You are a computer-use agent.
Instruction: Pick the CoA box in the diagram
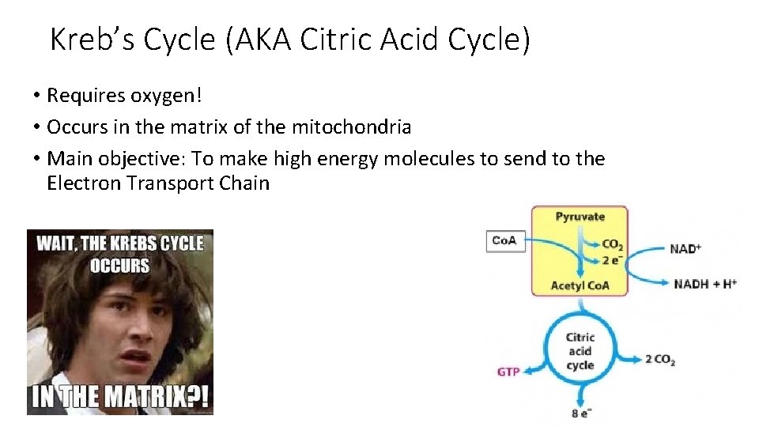(x=504, y=240)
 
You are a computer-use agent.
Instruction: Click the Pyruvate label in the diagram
(x=580, y=217)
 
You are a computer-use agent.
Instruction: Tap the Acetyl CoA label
(x=580, y=285)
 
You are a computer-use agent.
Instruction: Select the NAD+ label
(x=685, y=248)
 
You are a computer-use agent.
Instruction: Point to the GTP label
(x=508, y=371)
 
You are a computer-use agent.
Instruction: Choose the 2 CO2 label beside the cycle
(x=659, y=360)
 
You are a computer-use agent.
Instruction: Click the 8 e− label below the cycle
(x=580, y=412)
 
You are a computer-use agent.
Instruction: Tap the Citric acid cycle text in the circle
(x=580, y=351)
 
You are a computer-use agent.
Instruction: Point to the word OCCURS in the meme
(x=119, y=266)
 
